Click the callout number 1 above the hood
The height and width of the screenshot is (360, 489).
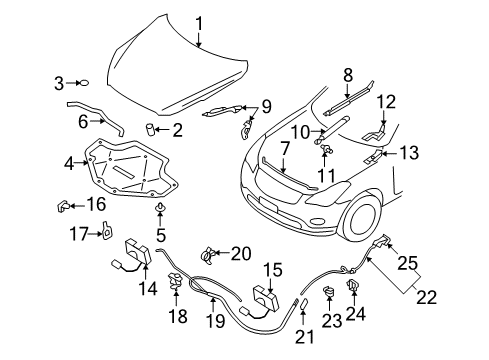click(x=199, y=24)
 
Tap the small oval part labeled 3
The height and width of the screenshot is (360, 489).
click(x=84, y=83)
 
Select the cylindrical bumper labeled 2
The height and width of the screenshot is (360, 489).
click(x=150, y=129)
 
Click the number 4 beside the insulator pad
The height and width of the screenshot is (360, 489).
click(x=69, y=163)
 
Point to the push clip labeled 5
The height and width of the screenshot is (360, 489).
click(x=160, y=207)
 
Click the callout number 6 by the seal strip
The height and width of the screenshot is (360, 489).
click(x=83, y=121)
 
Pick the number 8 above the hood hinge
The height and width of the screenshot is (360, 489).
click(x=348, y=75)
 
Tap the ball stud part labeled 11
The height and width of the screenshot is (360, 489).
click(x=326, y=149)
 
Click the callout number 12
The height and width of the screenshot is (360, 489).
click(x=387, y=102)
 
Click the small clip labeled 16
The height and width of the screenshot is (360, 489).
click(x=63, y=206)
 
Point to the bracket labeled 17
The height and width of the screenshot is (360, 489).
click(x=107, y=231)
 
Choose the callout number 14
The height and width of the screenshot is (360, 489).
click(x=148, y=288)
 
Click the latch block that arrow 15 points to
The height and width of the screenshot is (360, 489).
click(x=266, y=296)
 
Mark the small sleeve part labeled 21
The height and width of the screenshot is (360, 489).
click(x=304, y=305)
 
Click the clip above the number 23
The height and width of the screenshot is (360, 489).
click(x=329, y=291)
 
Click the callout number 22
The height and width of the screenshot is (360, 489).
click(x=426, y=297)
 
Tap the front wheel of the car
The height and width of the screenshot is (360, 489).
click(x=362, y=218)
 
